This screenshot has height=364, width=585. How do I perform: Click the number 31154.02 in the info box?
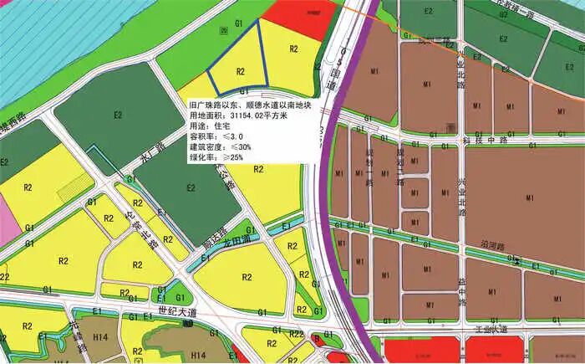point(250,114)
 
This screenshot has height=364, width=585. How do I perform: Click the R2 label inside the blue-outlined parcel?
point(241,71)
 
